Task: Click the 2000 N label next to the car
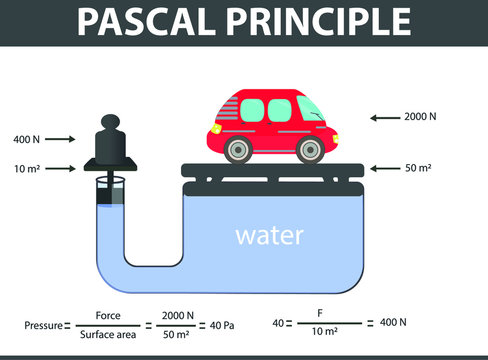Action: coord(419,117)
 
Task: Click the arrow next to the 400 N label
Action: coord(59,139)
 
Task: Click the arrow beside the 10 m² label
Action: coord(59,169)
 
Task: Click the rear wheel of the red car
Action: coord(237,150)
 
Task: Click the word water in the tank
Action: coord(269,237)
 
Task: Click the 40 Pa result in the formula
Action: coord(237,325)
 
